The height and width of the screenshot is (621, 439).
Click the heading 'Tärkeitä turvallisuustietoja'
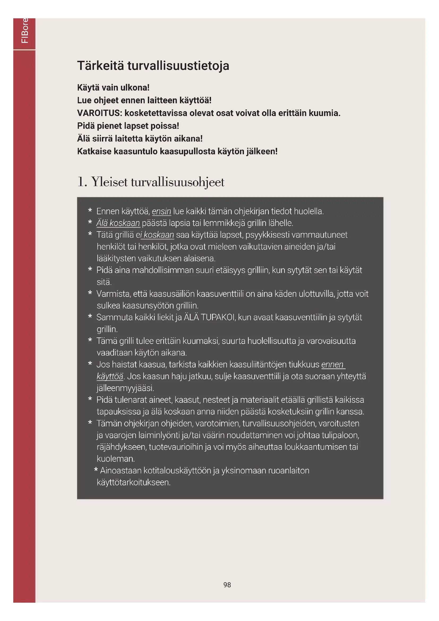point(153,66)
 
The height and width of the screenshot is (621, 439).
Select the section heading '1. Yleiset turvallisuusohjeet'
point(150,182)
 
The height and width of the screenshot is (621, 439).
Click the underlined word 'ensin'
point(161,211)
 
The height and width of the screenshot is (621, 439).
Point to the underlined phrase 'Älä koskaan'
point(118,223)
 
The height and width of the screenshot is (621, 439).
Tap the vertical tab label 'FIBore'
point(24,30)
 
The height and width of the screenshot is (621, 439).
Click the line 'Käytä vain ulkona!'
point(113,88)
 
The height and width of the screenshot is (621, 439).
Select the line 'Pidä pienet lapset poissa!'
point(128,126)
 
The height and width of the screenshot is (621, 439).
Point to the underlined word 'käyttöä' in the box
point(110,376)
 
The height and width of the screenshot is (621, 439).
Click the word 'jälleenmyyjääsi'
point(125,388)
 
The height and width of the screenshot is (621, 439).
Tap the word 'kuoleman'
point(116,459)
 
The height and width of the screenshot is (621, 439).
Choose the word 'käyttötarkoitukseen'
point(134,482)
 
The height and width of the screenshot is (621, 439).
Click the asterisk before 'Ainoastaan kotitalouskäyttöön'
point(96,470)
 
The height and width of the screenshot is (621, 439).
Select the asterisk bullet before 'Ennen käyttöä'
point(90,211)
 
